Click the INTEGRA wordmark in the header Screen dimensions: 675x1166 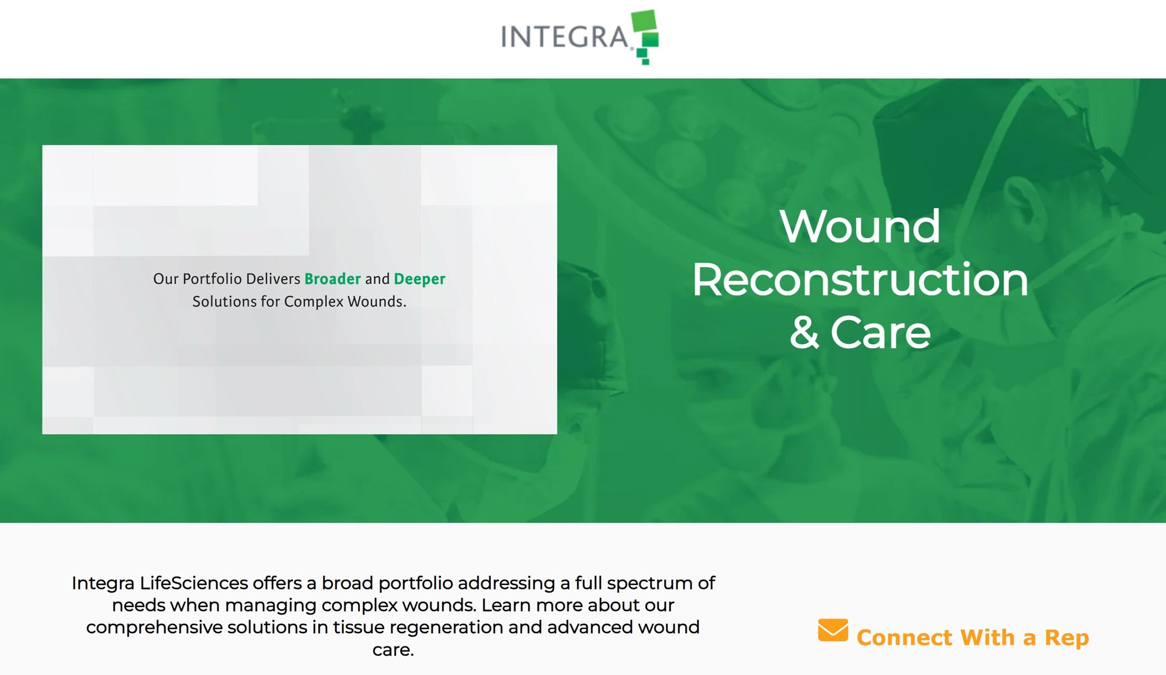[564, 38]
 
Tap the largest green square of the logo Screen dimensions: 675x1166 [644, 21]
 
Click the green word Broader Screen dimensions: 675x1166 [332, 279]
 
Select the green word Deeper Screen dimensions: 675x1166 [419, 280]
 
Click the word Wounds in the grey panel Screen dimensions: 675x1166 [376, 302]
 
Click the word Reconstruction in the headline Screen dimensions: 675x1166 [860, 280]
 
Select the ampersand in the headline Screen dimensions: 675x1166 [804, 333]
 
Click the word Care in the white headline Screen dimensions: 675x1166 [881, 333]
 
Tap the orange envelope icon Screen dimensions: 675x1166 [833, 630]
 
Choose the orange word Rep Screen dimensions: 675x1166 [1066, 638]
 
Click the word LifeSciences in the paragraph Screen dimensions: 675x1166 [194, 583]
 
